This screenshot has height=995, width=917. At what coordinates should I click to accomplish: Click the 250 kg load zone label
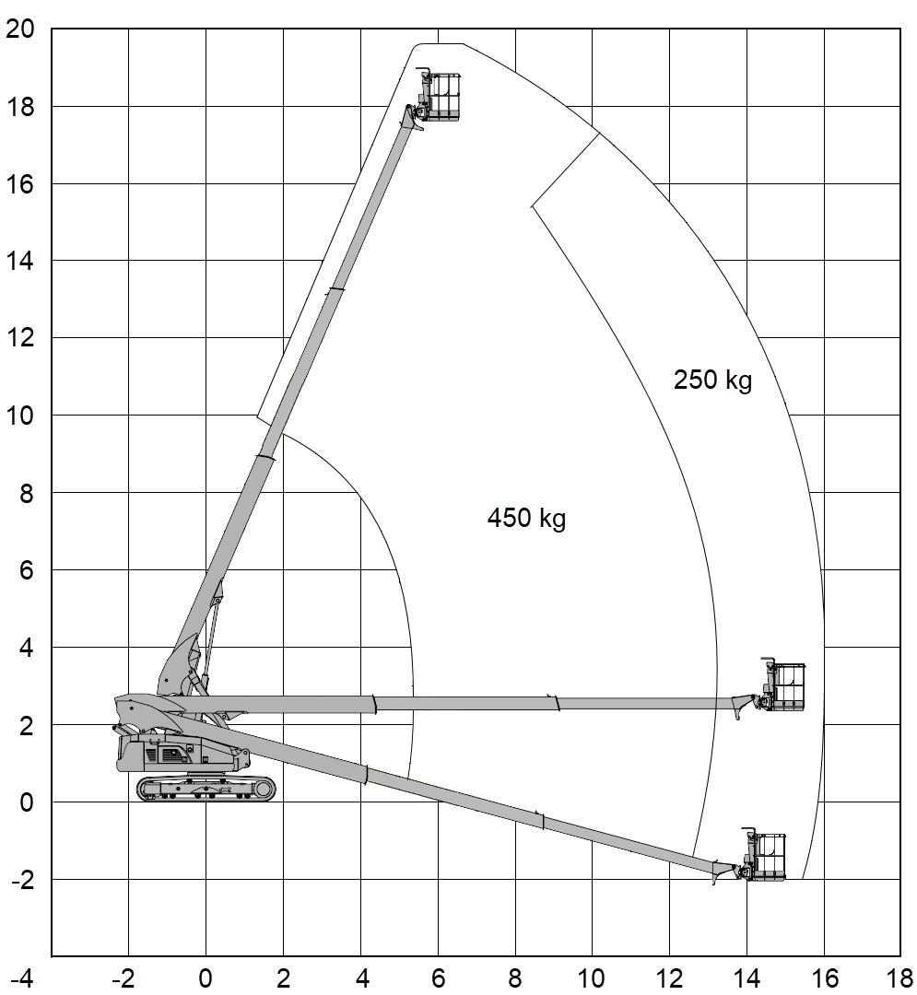click(x=712, y=380)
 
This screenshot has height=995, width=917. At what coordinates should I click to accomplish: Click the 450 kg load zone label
click(x=526, y=519)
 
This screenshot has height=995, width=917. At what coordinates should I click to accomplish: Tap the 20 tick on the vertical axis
click(x=19, y=29)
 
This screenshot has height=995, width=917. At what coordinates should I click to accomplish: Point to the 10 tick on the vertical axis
click(x=19, y=416)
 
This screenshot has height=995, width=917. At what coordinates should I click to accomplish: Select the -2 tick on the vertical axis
click(x=23, y=880)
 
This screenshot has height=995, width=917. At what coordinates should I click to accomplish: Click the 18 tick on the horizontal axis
click(x=901, y=977)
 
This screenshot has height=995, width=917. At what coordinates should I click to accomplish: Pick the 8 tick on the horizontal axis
click(x=514, y=977)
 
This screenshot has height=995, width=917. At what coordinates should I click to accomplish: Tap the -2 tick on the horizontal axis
click(x=124, y=977)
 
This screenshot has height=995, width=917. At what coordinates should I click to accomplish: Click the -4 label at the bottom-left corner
click(x=23, y=977)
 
